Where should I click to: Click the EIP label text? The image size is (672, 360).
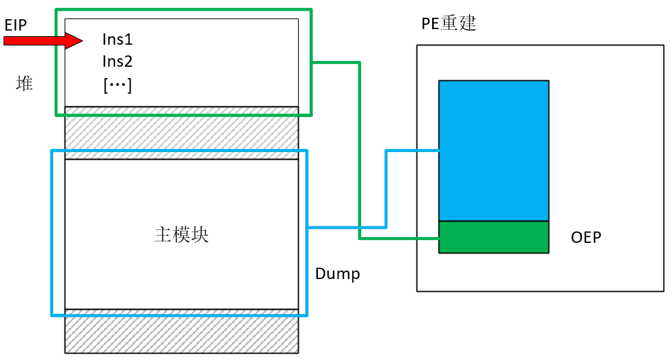[x=16, y=25]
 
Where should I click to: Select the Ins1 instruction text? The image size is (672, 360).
[x=118, y=40]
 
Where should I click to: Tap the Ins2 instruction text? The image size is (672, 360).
[x=118, y=62]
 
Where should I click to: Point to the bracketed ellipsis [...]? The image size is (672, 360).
[x=118, y=85]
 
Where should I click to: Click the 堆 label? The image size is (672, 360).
[x=25, y=84]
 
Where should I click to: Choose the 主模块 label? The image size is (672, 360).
[x=182, y=235]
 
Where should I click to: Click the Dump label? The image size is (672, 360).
[x=337, y=274]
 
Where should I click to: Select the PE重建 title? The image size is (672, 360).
[x=448, y=23]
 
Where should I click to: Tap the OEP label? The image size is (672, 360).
[x=585, y=238]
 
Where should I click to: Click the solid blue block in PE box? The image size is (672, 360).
[x=493, y=151]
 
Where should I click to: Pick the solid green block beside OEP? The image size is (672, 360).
[x=493, y=237]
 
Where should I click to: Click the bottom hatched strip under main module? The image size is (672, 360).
[x=182, y=334]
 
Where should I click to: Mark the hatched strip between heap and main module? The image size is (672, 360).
[x=182, y=132]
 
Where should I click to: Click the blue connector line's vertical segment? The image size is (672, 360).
[x=385, y=189]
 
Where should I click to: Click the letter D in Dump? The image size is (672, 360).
[x=320, y=274]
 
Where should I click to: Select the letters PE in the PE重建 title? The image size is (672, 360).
[x=429, y=23]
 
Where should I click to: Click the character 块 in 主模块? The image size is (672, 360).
[x=200, y=235]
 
